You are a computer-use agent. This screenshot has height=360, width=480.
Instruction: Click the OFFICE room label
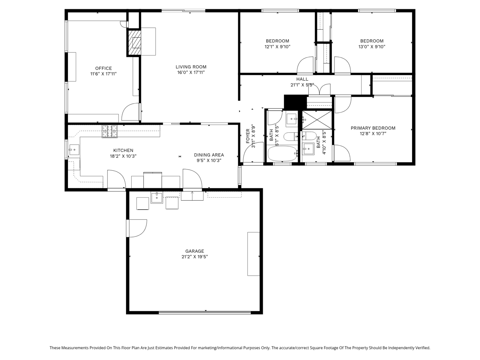pos(103,68)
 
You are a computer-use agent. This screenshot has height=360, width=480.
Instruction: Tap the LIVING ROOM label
pos(191,67)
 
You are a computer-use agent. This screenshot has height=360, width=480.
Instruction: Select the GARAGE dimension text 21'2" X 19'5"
pos(195,256)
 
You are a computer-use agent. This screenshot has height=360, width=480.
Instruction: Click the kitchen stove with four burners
pos(109,131)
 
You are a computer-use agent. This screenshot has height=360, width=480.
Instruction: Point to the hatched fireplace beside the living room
pos(135,42)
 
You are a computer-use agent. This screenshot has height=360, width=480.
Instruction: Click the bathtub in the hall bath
pos(282,153)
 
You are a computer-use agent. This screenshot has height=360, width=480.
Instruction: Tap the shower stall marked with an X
pos(317,120)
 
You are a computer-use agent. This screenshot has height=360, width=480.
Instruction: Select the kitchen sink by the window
pos(74,150)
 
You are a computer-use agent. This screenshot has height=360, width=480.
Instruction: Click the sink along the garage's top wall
pos(157,198)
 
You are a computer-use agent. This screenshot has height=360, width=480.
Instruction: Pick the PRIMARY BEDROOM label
pos(373,128)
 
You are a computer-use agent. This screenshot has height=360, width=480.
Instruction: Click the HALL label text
pos(302,79)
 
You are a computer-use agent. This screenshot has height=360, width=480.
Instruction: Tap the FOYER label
pos(248,136)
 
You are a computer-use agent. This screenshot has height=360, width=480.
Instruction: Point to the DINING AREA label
pos(209,155)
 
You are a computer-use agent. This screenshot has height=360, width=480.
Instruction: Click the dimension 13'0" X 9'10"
pos(372,46)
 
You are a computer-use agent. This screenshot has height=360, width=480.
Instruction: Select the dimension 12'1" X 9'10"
pos(277,46)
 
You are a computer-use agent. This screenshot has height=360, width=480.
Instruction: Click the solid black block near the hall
pos(295,102)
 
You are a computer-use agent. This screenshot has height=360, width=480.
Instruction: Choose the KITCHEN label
pos(123,150)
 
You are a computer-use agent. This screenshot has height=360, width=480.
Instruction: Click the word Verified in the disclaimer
pos(423,348)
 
